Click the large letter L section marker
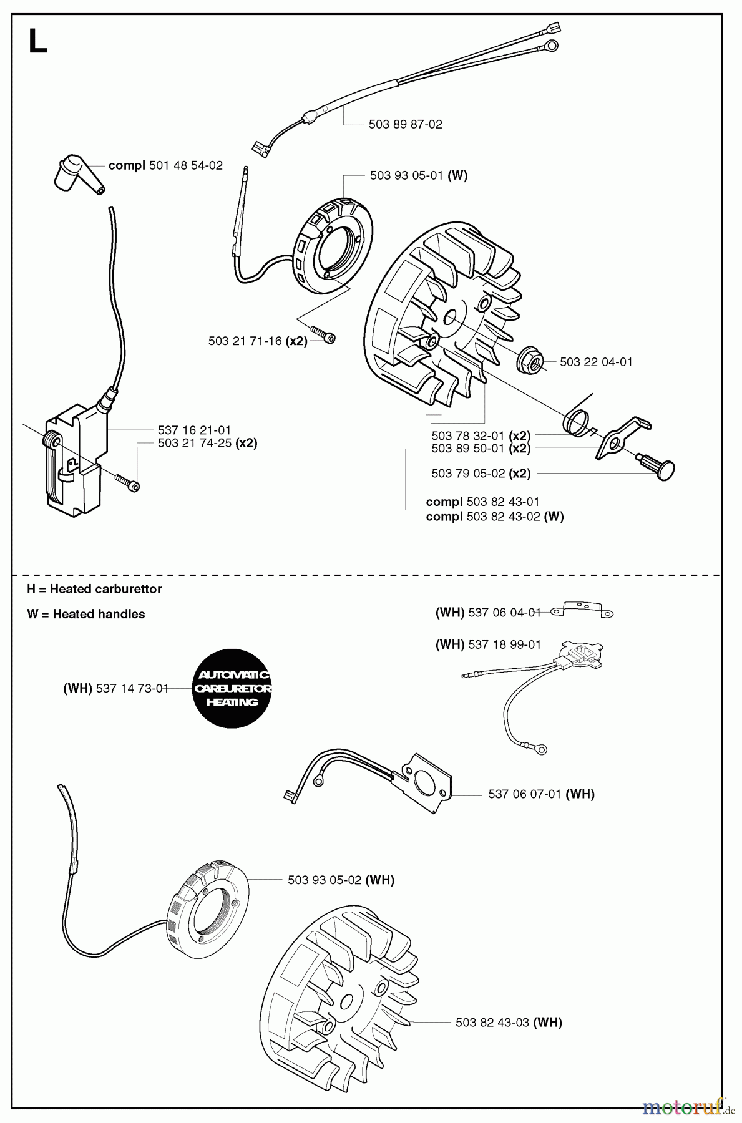pos(37,42)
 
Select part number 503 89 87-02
pos(405,124)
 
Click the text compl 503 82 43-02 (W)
pos(494,517)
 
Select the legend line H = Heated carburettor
pos(94,589)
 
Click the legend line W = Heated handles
pos(86,614)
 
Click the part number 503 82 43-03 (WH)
pos(509,1023)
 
